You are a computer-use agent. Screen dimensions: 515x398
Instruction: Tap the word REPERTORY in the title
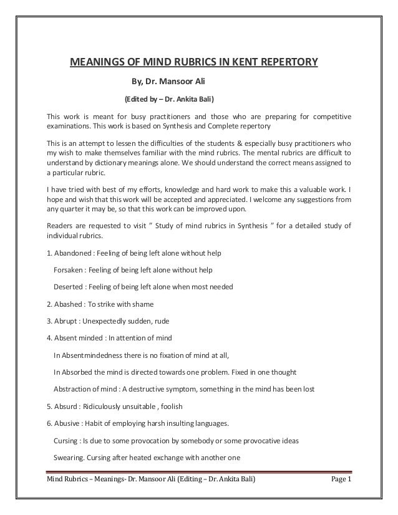[286, 62]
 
